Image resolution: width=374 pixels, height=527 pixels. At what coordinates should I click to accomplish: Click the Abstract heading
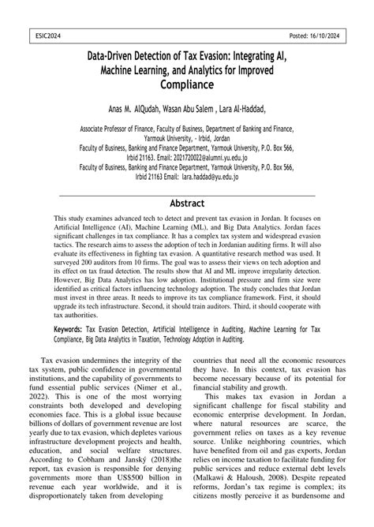pos(187,204)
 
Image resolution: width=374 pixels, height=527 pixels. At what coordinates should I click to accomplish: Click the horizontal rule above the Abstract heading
pos(187,194)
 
